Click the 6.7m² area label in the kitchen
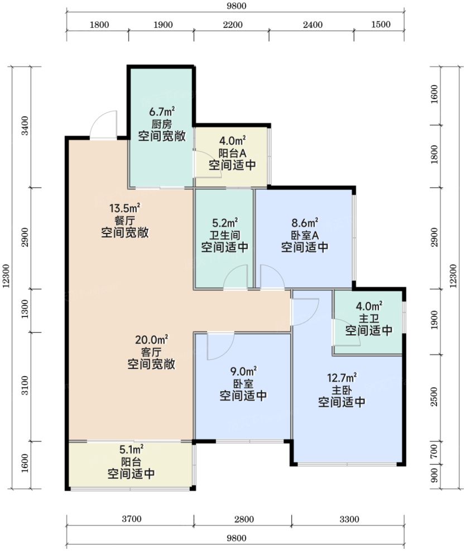(x=162, y=112)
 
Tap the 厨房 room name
(x=162, y=124)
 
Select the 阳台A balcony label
(x=232, y=153)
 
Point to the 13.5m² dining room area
(x=125, y=208)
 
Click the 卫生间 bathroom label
(x=224, y=235)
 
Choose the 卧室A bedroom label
(x=305, y=235)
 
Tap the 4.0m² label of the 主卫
(x=369, y=306)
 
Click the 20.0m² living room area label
(x=151, y=339)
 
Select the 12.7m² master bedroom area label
(x=342, y=378)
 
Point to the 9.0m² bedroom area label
(x=243, y=371)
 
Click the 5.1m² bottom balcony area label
(x=131, y=450)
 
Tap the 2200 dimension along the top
(x=233, y=25)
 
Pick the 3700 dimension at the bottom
(x=132, y=519)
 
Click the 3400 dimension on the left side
(x=25, y=126)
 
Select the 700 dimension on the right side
(x=434, y=451)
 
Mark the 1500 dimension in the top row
(x=381, y=25)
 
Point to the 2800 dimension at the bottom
(x=244, y=519)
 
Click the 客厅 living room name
(x=151, y=352)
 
